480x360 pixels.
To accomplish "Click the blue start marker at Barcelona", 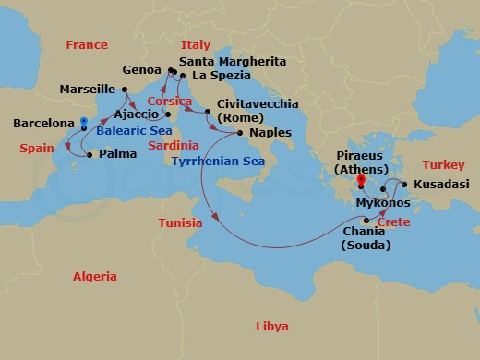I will pyautogui.click(x=83, y=121).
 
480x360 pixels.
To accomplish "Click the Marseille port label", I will pyautogui.click(x=88, y=90).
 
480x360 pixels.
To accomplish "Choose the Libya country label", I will pyautogui.click(x=271, y=327).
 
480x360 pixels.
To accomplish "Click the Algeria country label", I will pyautogui.click(x=95, y=277).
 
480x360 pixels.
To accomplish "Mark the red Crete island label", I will pyautogui.click(x=393, y=222).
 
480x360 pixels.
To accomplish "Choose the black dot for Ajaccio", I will pyautogui.click(x=168, y=114).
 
